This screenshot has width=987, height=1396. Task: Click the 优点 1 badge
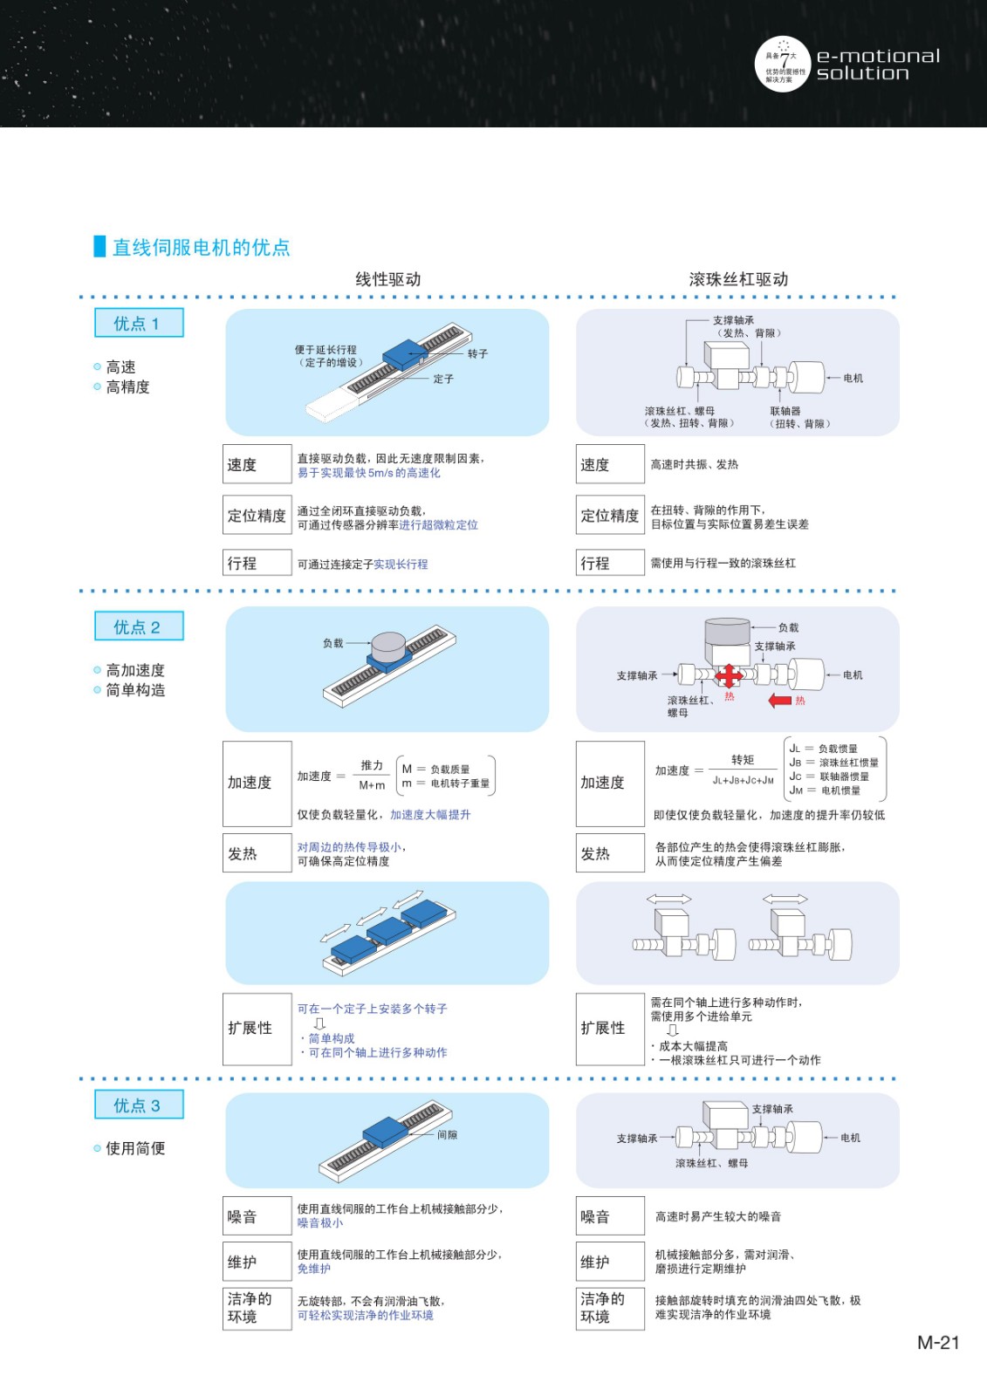[x=139, y=323]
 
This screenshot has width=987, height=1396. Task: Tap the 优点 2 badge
[x=139, y=626]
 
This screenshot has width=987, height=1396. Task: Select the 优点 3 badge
[x=139, y=1105]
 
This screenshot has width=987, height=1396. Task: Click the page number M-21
[x=938, y=1343]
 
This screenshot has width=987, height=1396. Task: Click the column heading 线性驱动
[x=387, y=279]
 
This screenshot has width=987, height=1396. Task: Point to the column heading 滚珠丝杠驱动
[x=738, y=279]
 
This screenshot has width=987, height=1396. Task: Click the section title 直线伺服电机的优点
[x=201, y=247]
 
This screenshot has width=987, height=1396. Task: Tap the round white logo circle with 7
[x=783, y=65]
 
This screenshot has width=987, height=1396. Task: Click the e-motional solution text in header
[x=878, y=65]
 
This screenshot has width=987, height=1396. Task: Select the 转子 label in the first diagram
[x=477, y=354]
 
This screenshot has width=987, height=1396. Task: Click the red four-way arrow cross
[x=728, y=675]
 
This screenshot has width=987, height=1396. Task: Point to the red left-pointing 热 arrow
[x=779, y=701]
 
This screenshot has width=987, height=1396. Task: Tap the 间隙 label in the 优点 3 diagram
[x=447, y=1135]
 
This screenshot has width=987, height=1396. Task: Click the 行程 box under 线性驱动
[x=257, y=562]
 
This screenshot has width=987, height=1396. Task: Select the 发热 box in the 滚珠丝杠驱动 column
[x=610, y=852]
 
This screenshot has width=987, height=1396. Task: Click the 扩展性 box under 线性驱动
[x=257, y=1029]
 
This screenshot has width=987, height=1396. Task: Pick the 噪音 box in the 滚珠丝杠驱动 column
[x=610, y=1216]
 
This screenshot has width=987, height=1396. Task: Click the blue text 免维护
[x=313, y=1269]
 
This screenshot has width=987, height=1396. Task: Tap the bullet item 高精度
[x=127, y=387]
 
